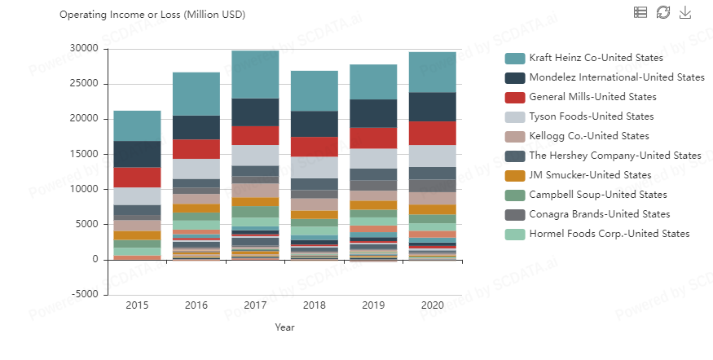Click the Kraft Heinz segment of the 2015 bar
click(137, 125)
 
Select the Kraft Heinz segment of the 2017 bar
click(255, 74)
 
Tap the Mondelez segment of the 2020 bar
click(432, 107)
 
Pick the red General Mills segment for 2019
click(373, 138)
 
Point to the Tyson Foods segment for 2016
click(196, 169)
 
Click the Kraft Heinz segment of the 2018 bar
click(314, 90)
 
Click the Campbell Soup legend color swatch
click(514, 195)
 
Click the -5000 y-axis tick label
click(84, 295)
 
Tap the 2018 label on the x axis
click(314, 305)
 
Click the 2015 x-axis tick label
click(137, 305)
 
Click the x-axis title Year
click(284, 327)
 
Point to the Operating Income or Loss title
click(152, 15)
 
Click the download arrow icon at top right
click(685, 11)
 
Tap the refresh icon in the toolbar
click(663, 11)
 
